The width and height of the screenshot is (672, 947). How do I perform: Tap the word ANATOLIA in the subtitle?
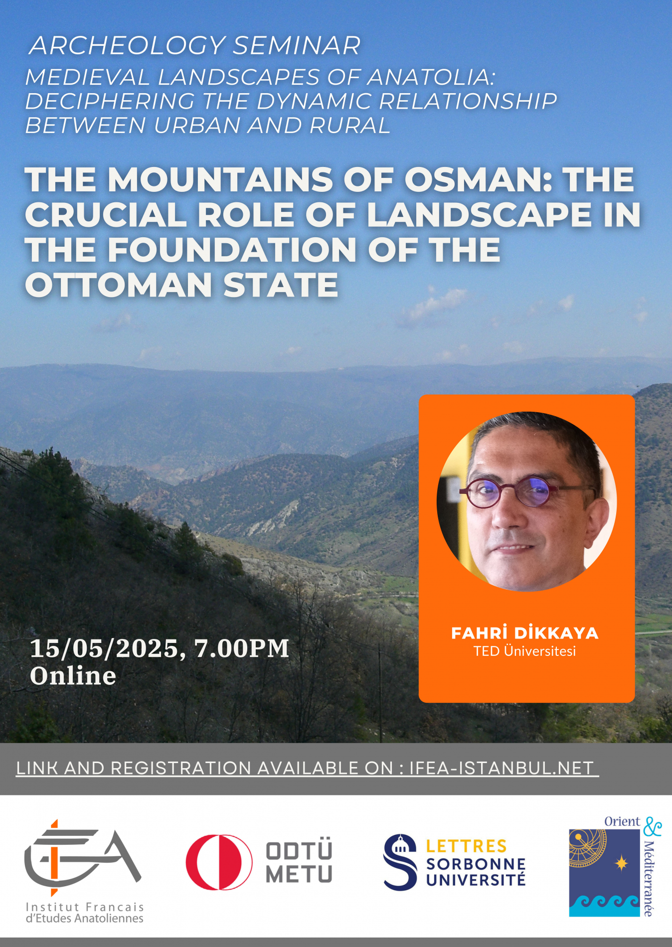click(432, 77)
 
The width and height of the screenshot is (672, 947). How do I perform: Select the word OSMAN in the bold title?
click(478, 179)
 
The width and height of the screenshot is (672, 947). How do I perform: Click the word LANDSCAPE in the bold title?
click(480, 215)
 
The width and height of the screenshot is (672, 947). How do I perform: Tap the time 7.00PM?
click(242, 648)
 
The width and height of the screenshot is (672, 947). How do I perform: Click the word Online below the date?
click(73, 676)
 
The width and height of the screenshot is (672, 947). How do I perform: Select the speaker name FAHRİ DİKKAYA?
click(525, 633)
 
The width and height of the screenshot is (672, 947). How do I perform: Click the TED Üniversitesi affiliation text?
click(525, 651)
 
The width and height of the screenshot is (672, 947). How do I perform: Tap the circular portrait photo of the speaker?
click(526, 501)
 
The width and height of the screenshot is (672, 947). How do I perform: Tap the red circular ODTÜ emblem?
click(219, 862)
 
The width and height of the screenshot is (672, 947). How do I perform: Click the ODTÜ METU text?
click(299, 862)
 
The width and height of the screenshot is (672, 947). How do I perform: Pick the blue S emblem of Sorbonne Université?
click(400, 862)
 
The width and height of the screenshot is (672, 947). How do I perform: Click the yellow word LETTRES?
click(466, 846)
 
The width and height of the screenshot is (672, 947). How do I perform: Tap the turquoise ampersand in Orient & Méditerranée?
click(652, 827)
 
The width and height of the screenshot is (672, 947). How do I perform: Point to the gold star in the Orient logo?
click(622, 863)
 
